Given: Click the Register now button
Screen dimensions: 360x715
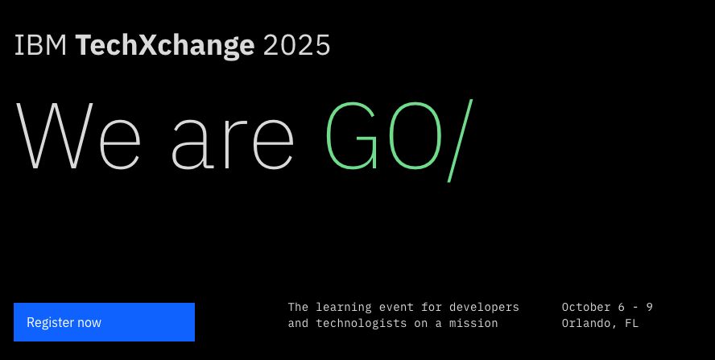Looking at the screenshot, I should [104, 322].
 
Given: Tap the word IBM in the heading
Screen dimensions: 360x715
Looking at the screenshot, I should [40, 46].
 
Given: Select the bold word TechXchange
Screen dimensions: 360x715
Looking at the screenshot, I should [165, 46].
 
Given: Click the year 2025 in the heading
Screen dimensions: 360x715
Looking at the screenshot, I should [296, 46].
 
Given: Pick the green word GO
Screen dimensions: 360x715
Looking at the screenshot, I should [383, 136].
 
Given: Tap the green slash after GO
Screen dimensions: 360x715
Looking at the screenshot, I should [459, 139].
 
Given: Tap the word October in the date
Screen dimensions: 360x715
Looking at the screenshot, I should [585, 308].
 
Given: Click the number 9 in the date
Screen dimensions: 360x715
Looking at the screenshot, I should [649, 308].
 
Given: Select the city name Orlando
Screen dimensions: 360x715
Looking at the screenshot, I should [589, 324].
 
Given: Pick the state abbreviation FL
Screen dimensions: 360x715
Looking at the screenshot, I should [631, 324].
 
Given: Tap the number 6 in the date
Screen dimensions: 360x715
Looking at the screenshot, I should [621, 308].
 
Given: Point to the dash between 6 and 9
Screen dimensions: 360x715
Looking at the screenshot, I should [635, 308].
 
